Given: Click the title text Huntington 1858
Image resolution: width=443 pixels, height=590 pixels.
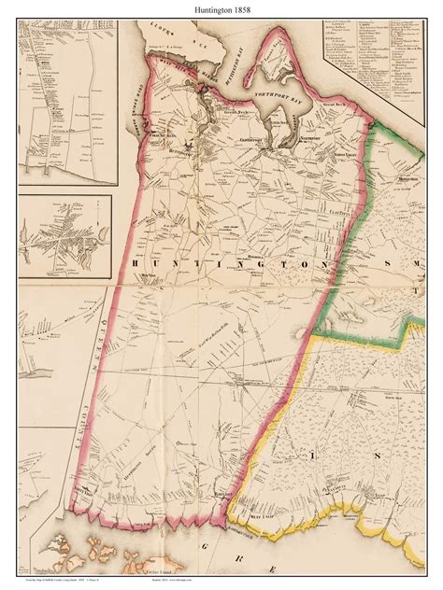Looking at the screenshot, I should [x=221, y=9].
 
